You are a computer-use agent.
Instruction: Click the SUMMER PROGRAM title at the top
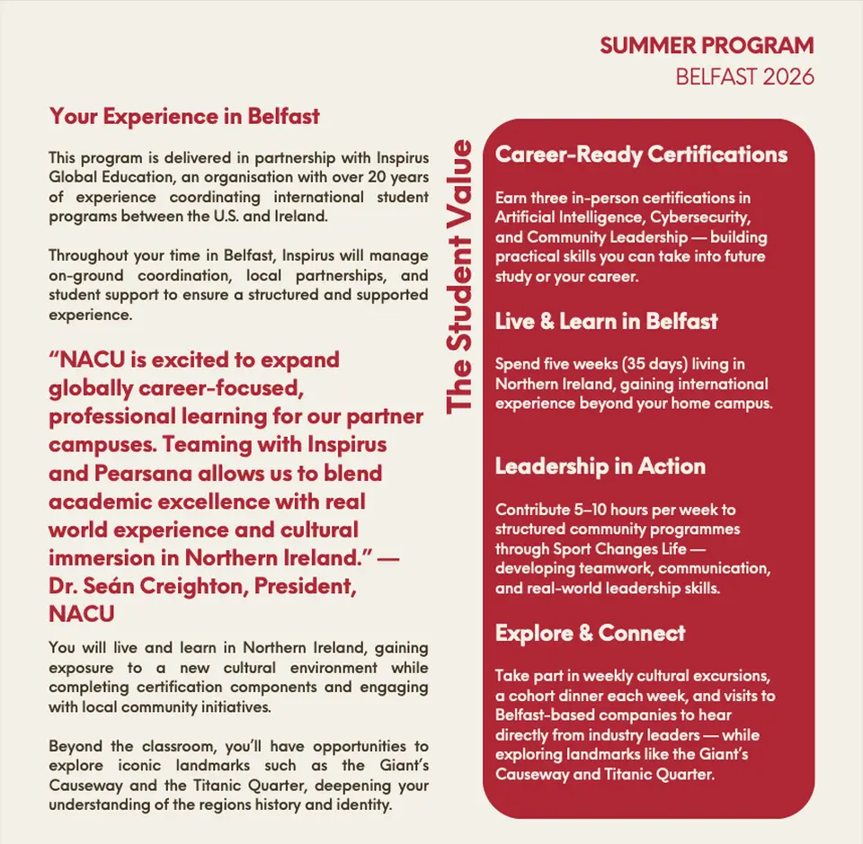point(707,46)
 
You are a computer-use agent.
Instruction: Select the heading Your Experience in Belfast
point(184,116)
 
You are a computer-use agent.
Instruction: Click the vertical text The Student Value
point(459,276)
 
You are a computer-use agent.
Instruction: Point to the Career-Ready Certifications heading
point(641,155)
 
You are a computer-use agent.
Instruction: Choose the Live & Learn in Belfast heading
point(606,321)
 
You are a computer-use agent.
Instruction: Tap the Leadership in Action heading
point(600,466)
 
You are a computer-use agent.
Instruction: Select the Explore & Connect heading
point(590,633)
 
